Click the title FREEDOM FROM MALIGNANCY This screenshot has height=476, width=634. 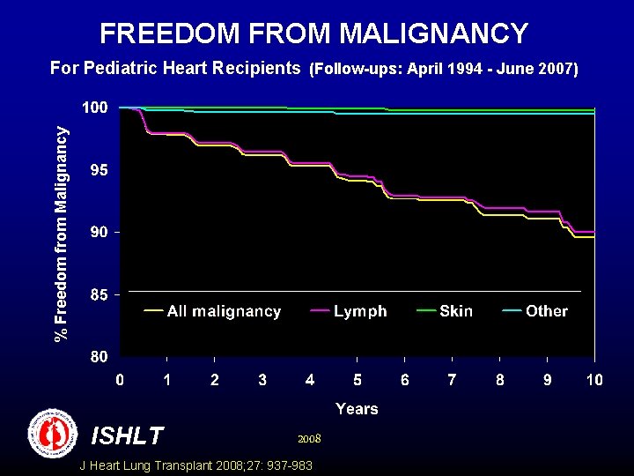coord(313,33)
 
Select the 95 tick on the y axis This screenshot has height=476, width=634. coord(99,170)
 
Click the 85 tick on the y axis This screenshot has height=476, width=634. coord(99,295)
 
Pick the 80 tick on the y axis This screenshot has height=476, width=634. coord(99,358)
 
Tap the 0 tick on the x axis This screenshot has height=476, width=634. coord(121,380)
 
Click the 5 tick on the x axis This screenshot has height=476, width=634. coord(358,380)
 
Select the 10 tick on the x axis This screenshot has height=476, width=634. coord(594,380)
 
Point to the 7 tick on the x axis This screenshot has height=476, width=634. coord(452,380)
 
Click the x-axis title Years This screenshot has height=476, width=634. coord(357,408)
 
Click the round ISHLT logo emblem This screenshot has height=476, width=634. coord(54,434)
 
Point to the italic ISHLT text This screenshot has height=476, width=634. coord(127,435)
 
